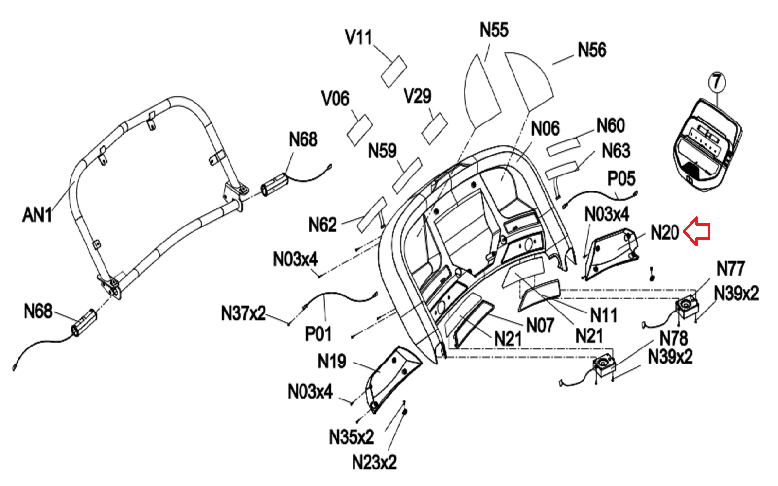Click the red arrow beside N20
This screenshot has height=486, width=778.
(697, 231)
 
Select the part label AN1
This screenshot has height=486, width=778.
(37, 214)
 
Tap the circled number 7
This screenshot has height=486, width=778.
(717, 82)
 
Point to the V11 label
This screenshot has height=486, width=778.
(358, 37)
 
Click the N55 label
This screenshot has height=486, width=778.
(494, 30)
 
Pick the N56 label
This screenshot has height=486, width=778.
(592, 50)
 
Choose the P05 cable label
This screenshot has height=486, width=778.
(621, 178)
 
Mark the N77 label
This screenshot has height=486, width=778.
(730, 268)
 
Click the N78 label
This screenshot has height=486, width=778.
(673, 338)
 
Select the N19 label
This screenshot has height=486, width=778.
(332, 361)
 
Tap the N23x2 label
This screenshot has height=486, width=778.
(374, 462)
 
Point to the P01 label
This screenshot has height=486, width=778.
(318, 334)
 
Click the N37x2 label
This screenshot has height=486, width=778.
(243, 313)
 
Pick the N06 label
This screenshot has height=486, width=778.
(545, 129)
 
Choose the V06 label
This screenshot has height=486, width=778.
(335, 99)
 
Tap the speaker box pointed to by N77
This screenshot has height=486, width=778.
(687, 308)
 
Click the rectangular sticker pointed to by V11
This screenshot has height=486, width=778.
(393, 72)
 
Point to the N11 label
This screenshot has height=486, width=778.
(603, 315)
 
